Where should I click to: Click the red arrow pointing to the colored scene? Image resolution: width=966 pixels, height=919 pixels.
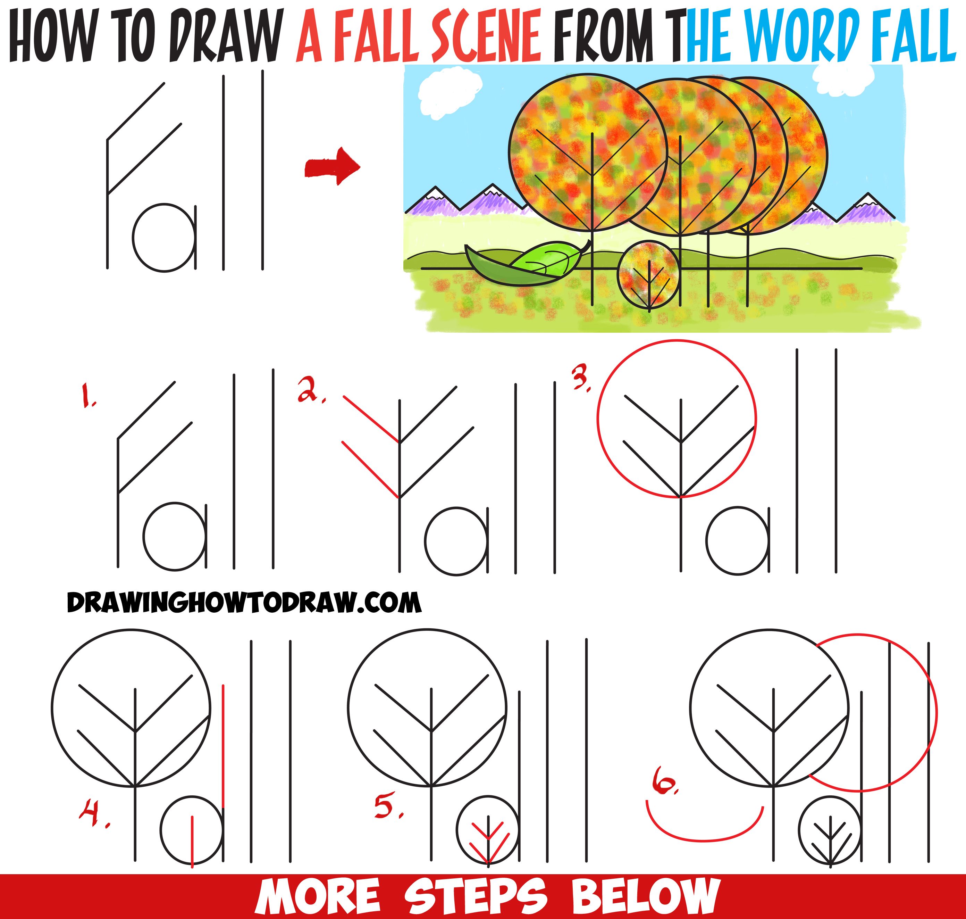pyautogui.click(x=332, y=167)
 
